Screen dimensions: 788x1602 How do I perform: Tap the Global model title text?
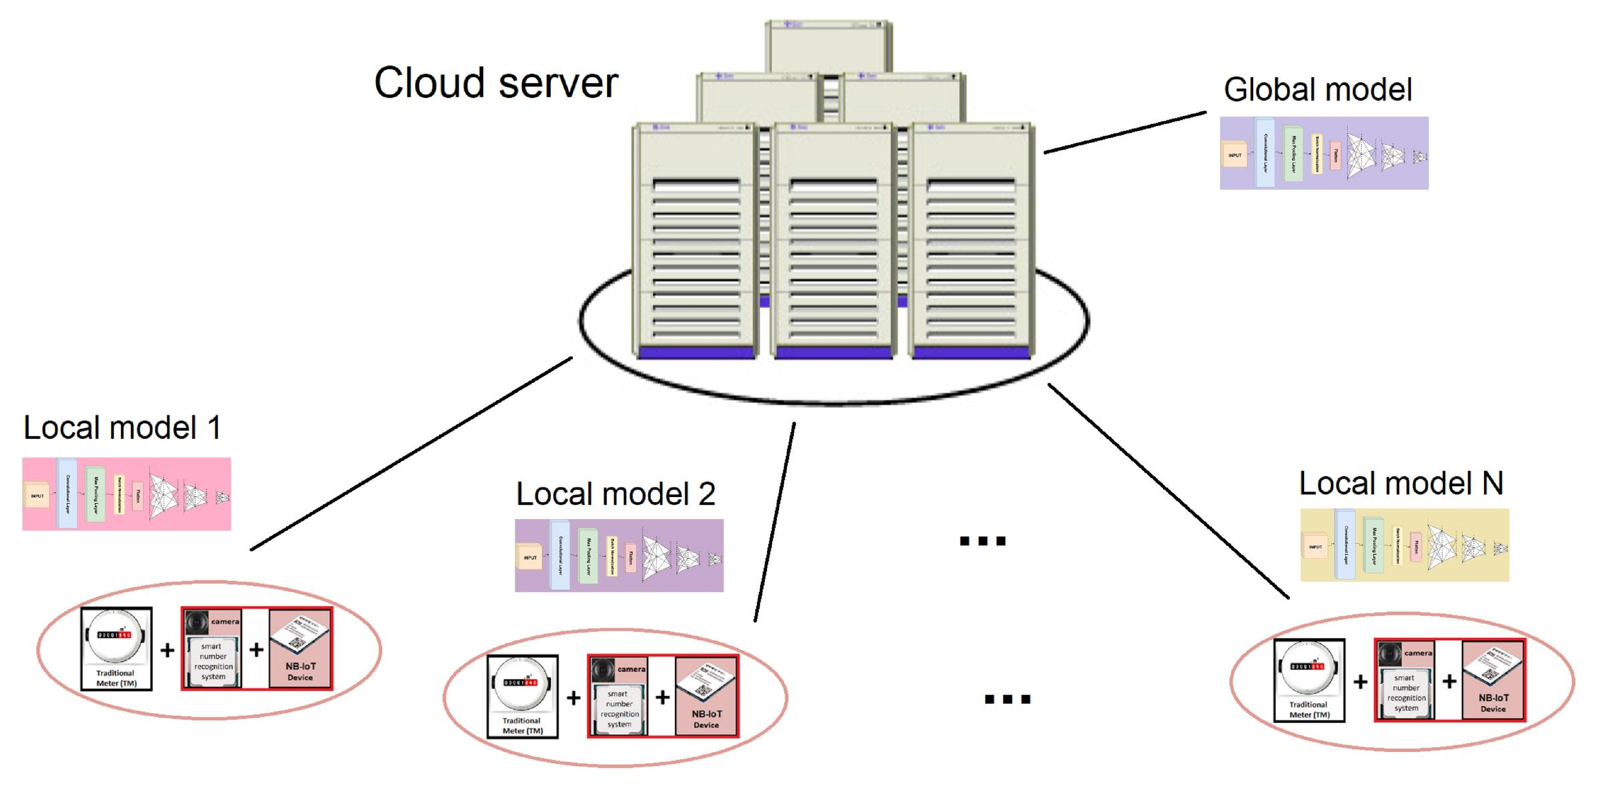tap(1317, 90)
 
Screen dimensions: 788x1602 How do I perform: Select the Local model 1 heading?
tap(122, 428)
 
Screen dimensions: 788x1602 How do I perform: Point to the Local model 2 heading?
tap(616, 494)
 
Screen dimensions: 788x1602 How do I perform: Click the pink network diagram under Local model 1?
tap(126, 495)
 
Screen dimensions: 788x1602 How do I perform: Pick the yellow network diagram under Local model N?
tap(1404, 545)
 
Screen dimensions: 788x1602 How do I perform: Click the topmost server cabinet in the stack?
tap(829, 46)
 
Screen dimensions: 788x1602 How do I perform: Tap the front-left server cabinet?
tap(695, 243)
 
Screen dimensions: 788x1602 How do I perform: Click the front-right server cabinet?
tap(970, 243)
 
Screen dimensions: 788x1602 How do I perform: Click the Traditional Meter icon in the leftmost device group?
tap(116, 648)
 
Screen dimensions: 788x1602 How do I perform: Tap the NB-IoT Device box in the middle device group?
tap(706, 696)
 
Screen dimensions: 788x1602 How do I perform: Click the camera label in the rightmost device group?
tap(1417, 653)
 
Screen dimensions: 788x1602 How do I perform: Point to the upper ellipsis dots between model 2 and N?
tap(982, 541)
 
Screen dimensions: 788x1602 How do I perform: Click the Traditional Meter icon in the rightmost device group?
tap(1308, 680)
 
